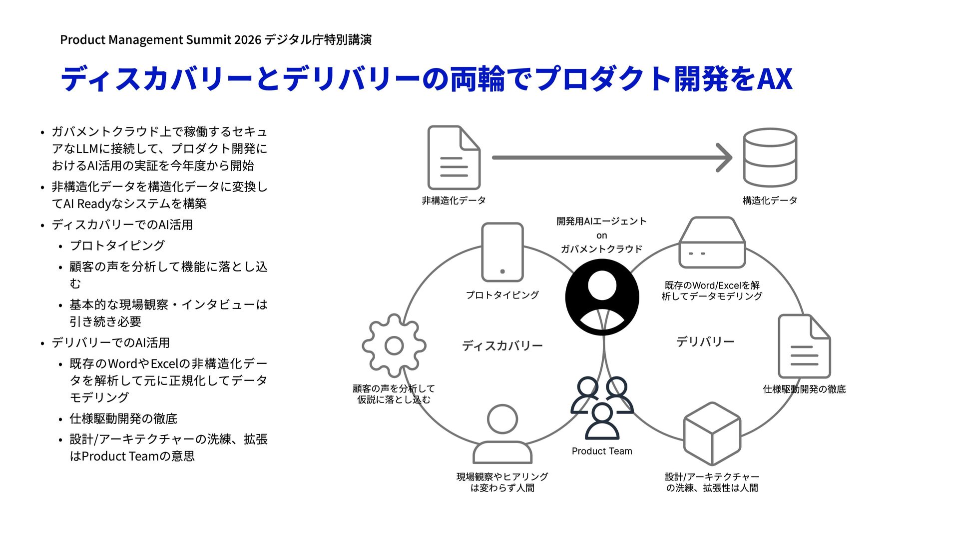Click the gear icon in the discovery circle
(x=394, y=345)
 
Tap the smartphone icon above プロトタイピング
(x=502, y=252)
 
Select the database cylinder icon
(x=770, y=157)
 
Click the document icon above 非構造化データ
(x=454, y=157)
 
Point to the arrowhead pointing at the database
(x=725, y=157)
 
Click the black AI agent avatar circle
(x=602, y=297)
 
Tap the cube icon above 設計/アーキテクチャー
(x=712, y=433)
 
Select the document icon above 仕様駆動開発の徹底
(x=804, y=346)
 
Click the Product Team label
(x=602, y=451)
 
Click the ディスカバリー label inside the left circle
(x=502, y=346)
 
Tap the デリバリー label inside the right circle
(x=705, y=342)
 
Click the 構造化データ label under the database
(x=770, y=200)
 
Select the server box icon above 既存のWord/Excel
(x=712, y=243)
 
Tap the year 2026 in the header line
(x=247, y=39)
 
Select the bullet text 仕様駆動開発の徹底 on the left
(x=123, y=418)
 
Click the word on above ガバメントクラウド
(x=601, y=235)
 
